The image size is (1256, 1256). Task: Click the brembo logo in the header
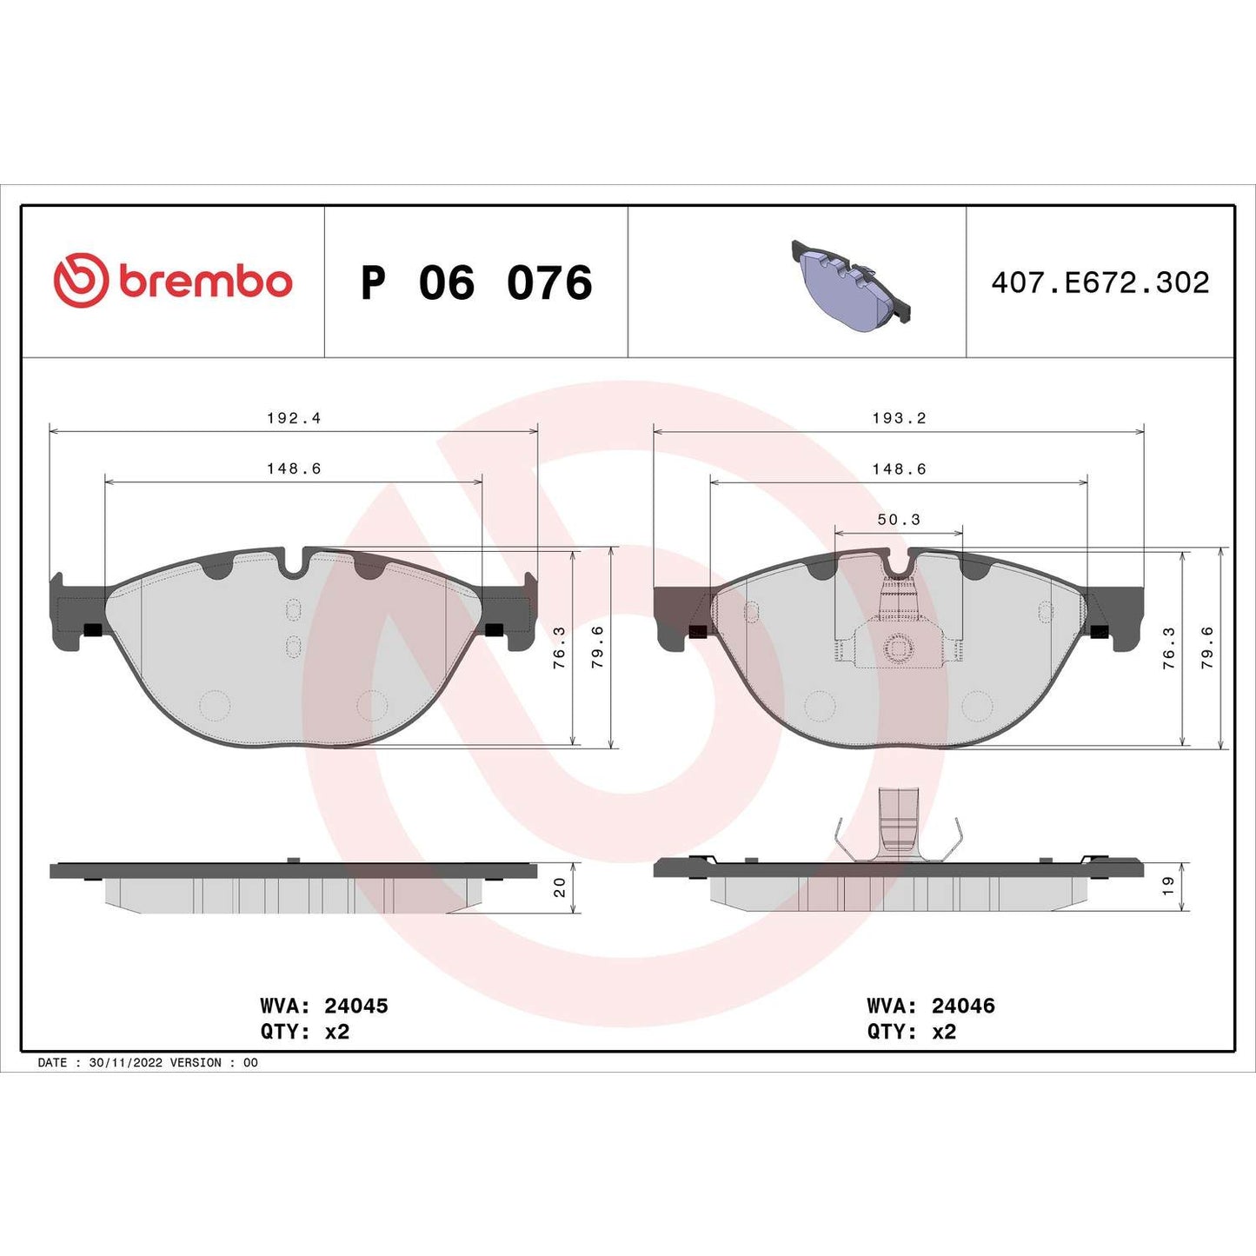[x=173, y=282]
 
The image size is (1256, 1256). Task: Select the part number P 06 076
[x=476, y=283]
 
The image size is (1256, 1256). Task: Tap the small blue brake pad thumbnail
[x=850, y=283]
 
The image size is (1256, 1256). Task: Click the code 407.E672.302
[x=1100, y=282]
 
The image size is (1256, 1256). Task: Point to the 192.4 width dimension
[x=294, y=418]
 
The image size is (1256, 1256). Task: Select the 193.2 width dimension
[x=899, y=418]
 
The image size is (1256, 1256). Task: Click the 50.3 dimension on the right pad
[x=899, y=520]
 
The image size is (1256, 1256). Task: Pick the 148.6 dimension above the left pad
[x=294, y=469]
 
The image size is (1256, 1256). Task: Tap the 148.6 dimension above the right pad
[x=899, y=469]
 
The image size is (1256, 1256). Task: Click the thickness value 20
[x=560, y=887]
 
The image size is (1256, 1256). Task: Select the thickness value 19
[x=1168, y=887]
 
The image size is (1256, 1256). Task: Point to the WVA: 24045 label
[x=324, y=1006]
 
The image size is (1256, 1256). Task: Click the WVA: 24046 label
[x=931, y=1006]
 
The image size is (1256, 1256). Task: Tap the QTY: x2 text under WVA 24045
[x=304, y=1032]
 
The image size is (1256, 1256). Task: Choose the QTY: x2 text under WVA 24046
[x=911, y=1032]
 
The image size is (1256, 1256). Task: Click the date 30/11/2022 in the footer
[x=125, y=1062]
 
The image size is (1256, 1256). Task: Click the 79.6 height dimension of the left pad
[x=598, y=647]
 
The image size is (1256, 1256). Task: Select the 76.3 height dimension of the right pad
[x=1168, y=647]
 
